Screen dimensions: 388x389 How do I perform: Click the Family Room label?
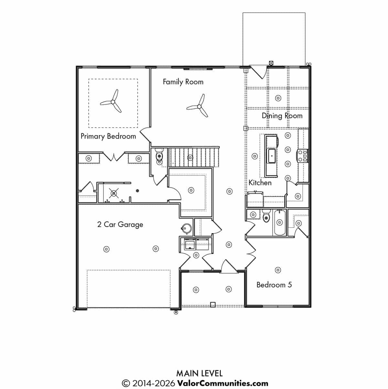coord(183,82)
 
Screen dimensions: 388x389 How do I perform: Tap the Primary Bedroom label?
coord(108,136)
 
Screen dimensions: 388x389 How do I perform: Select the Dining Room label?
coord(282,116)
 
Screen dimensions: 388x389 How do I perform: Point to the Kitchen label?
coord(260,183)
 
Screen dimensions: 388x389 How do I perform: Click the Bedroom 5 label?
coord(274,285)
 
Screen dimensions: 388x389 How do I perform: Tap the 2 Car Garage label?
coord(120,225)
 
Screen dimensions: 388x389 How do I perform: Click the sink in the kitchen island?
coord(272,156)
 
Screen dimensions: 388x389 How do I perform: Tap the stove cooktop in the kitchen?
coord(302,156)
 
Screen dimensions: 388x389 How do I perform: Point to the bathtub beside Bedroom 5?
coord(279,222)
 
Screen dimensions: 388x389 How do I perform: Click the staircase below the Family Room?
coord(194,157)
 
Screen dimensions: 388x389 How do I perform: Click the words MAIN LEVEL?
coord(199,373)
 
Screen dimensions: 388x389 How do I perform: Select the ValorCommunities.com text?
coord(223,384)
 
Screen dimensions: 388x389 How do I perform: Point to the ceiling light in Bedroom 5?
coord(278,270)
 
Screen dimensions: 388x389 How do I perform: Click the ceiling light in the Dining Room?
coord(278,98)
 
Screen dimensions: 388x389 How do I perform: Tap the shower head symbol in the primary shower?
coord(114,193)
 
